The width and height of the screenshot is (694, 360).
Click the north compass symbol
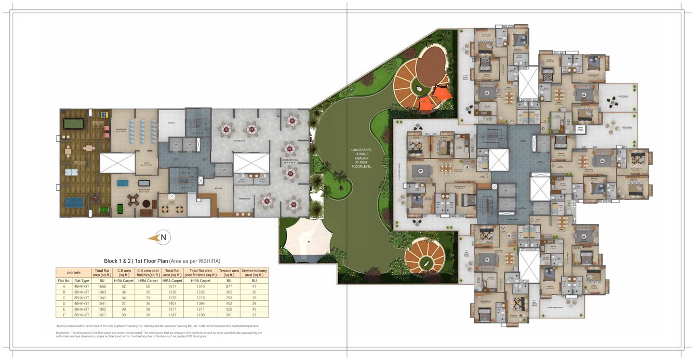(163, 237)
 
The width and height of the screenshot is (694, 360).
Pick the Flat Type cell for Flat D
(82, 303)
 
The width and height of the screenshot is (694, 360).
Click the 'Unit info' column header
(73, 272)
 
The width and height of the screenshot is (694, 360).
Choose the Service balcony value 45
(254, 309)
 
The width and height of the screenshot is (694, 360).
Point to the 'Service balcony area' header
(254, 272)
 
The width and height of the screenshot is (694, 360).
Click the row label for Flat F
(64, 315)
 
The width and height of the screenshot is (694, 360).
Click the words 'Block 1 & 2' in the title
(118, 261)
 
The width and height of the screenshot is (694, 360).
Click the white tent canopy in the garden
(309, 239)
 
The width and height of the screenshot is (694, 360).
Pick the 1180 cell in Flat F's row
(200, 315)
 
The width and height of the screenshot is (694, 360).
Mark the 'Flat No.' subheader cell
(64, 281)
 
